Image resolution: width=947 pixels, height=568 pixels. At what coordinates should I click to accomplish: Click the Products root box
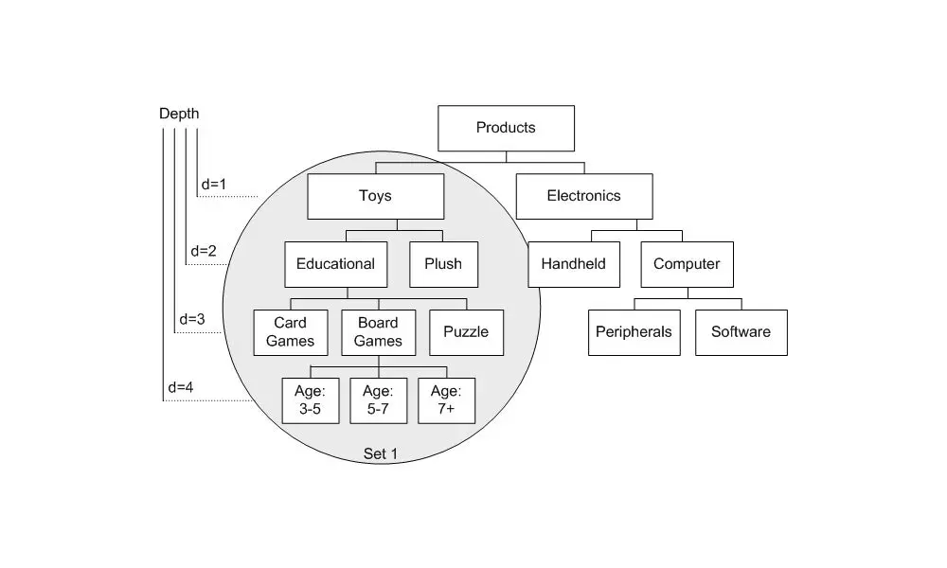(x=506, y=128)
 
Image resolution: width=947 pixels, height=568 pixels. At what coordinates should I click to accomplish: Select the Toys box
(x=375, y=196)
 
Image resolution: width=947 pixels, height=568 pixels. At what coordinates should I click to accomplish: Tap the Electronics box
(x=583, y=196)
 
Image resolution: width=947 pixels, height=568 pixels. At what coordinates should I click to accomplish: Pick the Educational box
(x=335, y=264)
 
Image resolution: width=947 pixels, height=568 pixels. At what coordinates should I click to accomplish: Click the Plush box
(x=443, y=264)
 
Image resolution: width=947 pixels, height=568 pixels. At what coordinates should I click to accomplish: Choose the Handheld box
(x=574, y=264)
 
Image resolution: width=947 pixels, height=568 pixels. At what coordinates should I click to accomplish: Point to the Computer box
(x=687, y=264)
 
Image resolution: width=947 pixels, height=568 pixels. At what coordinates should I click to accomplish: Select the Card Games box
(x=290, y=332)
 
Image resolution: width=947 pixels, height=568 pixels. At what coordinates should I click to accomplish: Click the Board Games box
(x=378, y=332)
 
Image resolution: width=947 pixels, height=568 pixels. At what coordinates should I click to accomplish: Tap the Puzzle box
(x=466, y=332)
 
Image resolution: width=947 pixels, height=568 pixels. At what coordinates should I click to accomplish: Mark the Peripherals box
(x=634, y=332)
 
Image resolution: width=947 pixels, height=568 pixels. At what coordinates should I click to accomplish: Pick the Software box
(x=741, y=332)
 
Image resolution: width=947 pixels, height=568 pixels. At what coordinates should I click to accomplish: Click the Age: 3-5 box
(x=310, y=400)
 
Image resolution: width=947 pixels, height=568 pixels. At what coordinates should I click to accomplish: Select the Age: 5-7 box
(x=378, y=400)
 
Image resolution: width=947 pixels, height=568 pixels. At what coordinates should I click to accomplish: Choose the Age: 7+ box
(x=446, y=400)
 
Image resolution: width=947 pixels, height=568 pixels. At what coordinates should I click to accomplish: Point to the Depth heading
(x=179, y=115)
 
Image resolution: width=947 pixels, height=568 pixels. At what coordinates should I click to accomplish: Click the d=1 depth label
(x=214, y=184)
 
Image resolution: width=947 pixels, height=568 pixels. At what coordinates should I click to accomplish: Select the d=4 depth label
(x=180, y=387)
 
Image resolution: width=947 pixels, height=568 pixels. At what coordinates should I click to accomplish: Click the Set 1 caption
(x=381, y=455)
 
